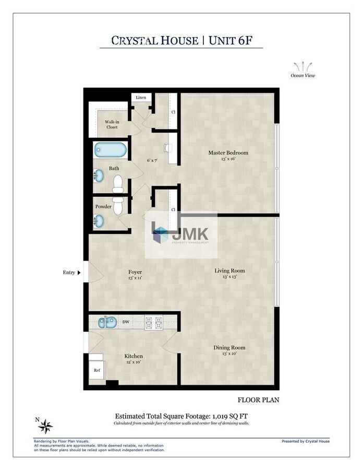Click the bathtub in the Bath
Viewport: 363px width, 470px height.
click(111, 150)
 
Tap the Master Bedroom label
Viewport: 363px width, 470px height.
click(228, 152)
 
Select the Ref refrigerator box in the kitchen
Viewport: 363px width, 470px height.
click(97, 370)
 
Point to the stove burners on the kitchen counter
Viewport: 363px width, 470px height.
click(154, 323)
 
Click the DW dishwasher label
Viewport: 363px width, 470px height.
click(126, 322)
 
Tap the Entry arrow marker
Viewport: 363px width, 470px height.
click(79, 273)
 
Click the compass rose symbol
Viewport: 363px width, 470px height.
click(46, 426)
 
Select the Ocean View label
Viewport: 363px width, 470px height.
click(303, 76)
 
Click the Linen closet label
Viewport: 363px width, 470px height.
click(141, 98)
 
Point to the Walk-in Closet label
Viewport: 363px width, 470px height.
click(112, 124)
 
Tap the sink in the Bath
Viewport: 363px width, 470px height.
click(99, 175)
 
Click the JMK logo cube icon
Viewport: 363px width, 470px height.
click(161, 234)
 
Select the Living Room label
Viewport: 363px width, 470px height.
click(229, 271)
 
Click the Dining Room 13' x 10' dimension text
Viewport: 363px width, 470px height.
click(229, 354)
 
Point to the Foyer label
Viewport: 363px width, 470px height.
click(135, 272)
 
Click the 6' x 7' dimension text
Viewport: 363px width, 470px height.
click(152, 160)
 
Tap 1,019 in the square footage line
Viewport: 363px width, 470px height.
click(221, 416)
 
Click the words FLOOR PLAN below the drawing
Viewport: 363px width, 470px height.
click(258, 400)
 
